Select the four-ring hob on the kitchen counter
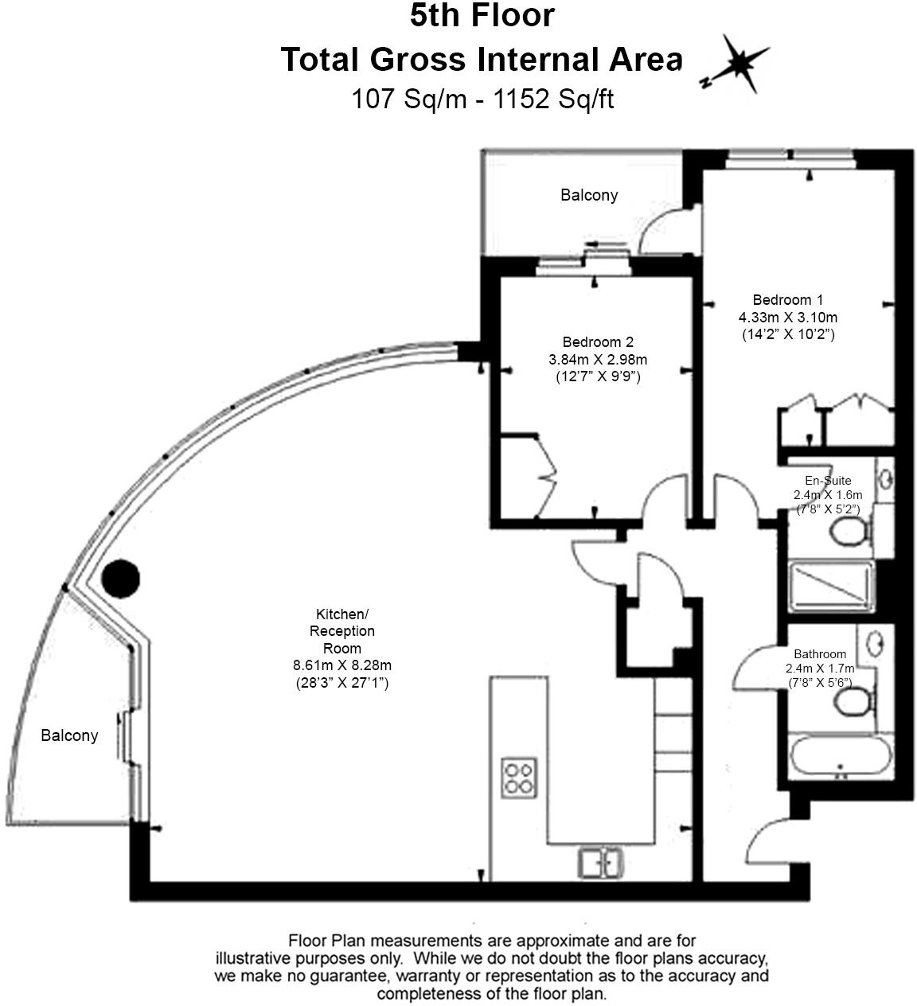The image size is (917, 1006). click(x=519, y=778)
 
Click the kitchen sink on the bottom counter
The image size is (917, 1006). click(x=601, y=862)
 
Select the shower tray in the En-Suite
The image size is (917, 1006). click(x=830, y=586)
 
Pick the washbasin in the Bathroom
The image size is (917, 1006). click(x=876, y=643)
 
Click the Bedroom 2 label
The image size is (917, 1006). click(x=597, y=342)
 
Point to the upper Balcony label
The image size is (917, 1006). click(x=589, y=195)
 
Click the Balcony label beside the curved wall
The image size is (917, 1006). click(x=69, y=735)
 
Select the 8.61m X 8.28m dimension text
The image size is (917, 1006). click(x=342, y=665)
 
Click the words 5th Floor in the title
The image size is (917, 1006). click(x=482, y=16)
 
